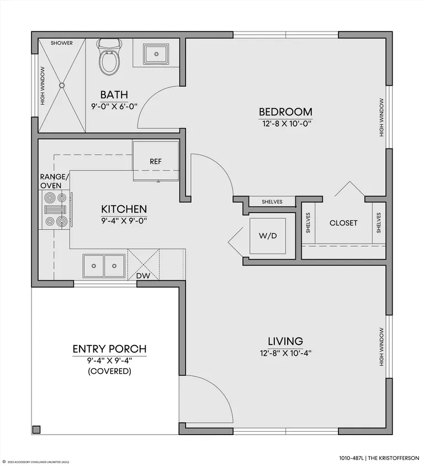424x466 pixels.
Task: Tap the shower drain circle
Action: click(x=62, y=85)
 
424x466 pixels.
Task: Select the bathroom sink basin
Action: click(x=156, y=54)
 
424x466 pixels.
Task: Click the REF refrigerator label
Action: click(x=156, y=161)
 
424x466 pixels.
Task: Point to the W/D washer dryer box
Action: click(x=268, y=236)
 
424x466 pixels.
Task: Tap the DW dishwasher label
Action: click(x=143, y=276)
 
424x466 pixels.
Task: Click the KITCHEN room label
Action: click(x=124, y=209)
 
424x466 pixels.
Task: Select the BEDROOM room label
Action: click(x=285, y=112)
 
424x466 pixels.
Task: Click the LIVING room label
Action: click(x=285, y=341)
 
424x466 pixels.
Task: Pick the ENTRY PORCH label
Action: click(x=110, y=348)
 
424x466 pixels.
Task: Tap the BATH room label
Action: click(x=114, y=94)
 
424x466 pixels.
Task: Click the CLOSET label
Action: click(x=343, y=223)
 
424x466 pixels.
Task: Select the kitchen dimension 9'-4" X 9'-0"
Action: click(x=124, y=221)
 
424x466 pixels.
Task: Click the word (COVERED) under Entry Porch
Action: click(x=110, y=371)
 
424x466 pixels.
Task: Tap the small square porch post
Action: click(x=36, y=430)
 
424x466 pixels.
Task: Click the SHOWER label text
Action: click(x=61, y=43)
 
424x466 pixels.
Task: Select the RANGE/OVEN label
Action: click(x=54, y=181)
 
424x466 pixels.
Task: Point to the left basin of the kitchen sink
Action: click(x=94, y=266)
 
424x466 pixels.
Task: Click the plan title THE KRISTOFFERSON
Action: click(x=394, y=458)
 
